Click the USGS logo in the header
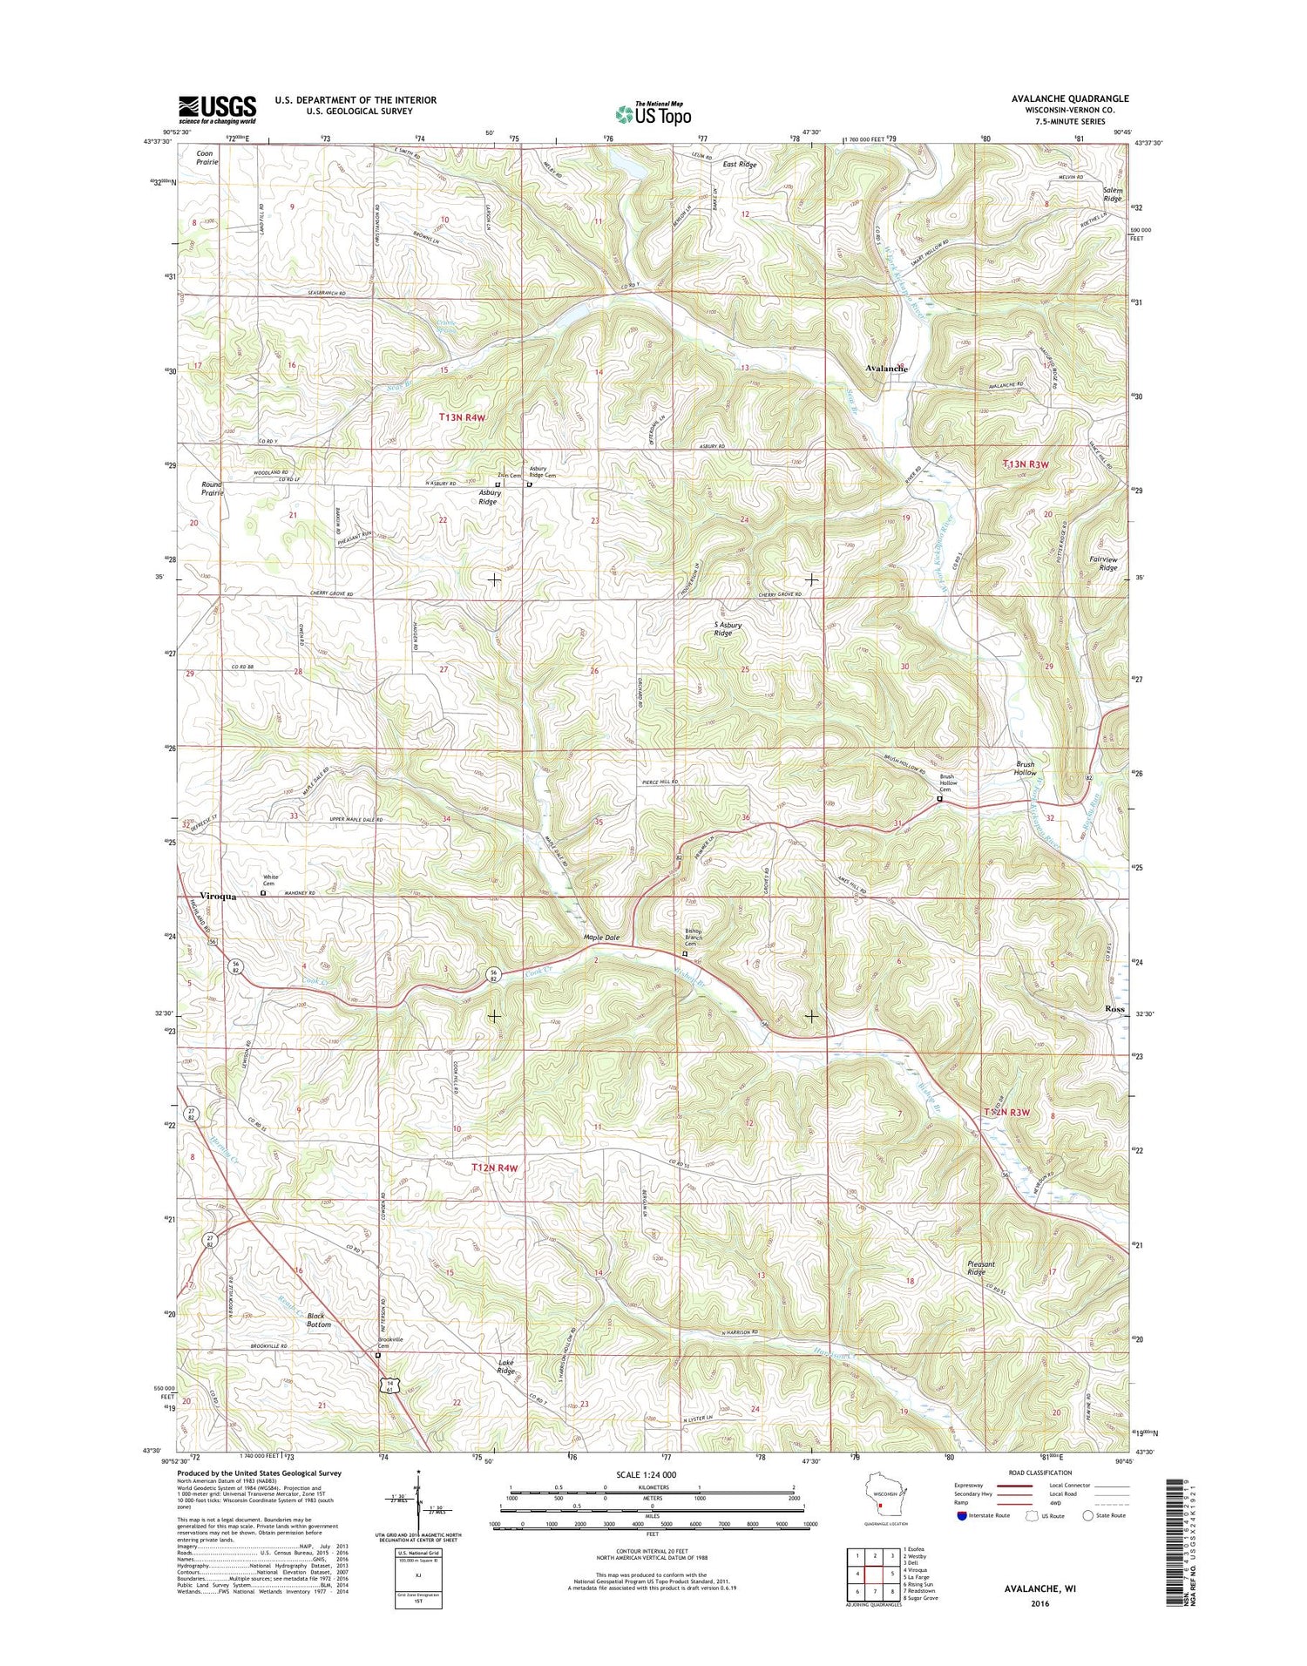click(x=218, y=108)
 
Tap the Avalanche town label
click(x=887, y=369)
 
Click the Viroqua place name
click(x=218, y=896)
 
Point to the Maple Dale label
click(x=601, y=938)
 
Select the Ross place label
click(x=1114, y=1008)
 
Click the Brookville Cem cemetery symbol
click(x=378, y=1356)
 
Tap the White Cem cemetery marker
click(x=264, y=892)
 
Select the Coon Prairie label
click(x=207, y=158)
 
